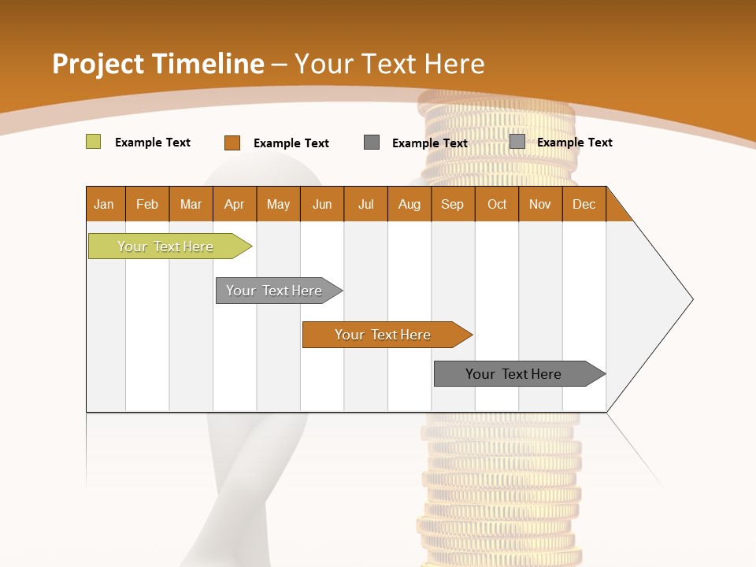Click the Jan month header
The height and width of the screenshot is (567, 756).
tap(104, 204)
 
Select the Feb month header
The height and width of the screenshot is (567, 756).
tap(147, 204)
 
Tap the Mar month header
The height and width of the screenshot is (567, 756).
tap(191, 204)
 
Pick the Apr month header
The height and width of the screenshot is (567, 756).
tap(235, 204)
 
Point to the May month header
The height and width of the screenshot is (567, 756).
tap(278, 204)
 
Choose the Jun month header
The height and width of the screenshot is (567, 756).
tap(322, 204)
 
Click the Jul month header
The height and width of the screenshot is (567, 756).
tap(365, 204)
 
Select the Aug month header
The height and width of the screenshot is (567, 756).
tap(409, 204)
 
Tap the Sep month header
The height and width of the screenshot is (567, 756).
tap(453, 204)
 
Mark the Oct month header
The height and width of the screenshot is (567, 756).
tap(497, 204)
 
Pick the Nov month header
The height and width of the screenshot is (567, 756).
tap(540, 204)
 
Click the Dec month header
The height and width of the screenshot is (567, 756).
tap(584, 204)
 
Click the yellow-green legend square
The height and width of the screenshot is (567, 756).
tap(93, 142)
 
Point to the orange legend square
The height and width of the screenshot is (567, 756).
tap(232, 143)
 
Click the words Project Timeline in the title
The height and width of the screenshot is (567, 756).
tap(158, 64)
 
